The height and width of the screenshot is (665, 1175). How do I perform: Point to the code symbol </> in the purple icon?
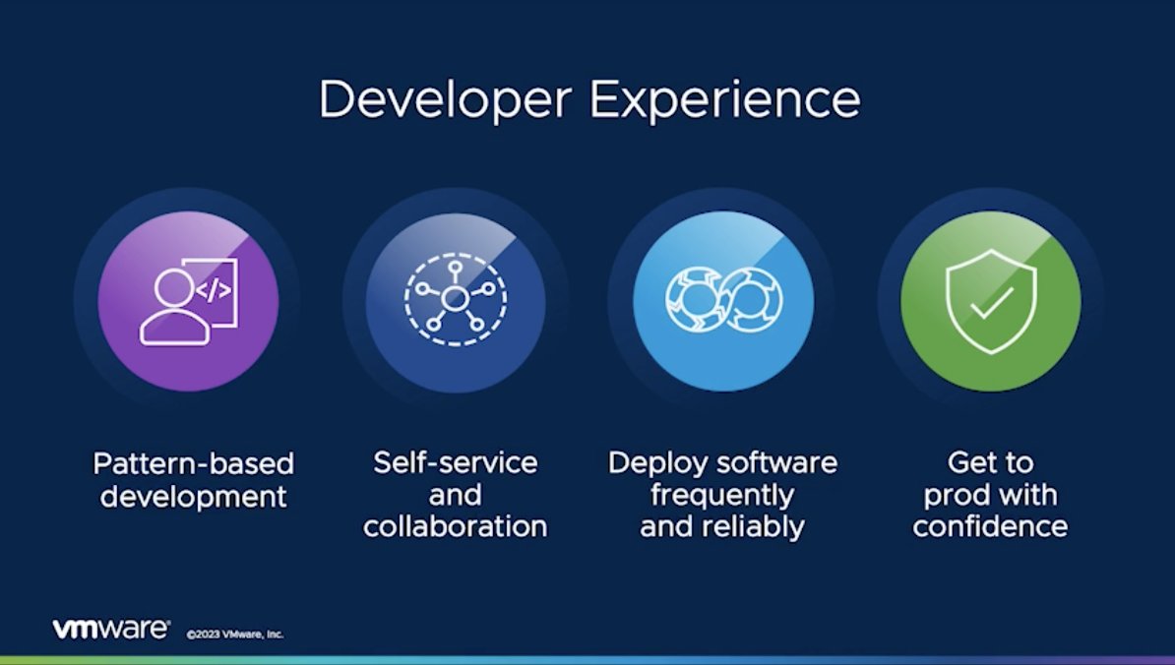pos(216,290)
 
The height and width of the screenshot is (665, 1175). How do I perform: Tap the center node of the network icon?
pos(455,296)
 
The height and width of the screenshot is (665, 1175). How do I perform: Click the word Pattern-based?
pos(194,463)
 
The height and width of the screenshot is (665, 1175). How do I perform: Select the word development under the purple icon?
pos(194,495)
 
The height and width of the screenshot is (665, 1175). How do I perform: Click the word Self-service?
pos(455,462)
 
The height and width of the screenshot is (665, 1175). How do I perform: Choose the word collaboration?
pos(455,526)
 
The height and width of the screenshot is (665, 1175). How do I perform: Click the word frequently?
pos(722,495)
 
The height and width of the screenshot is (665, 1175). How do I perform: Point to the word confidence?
pos(990,526)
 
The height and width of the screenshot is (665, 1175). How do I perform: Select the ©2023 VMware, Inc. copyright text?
pos(235,635)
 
